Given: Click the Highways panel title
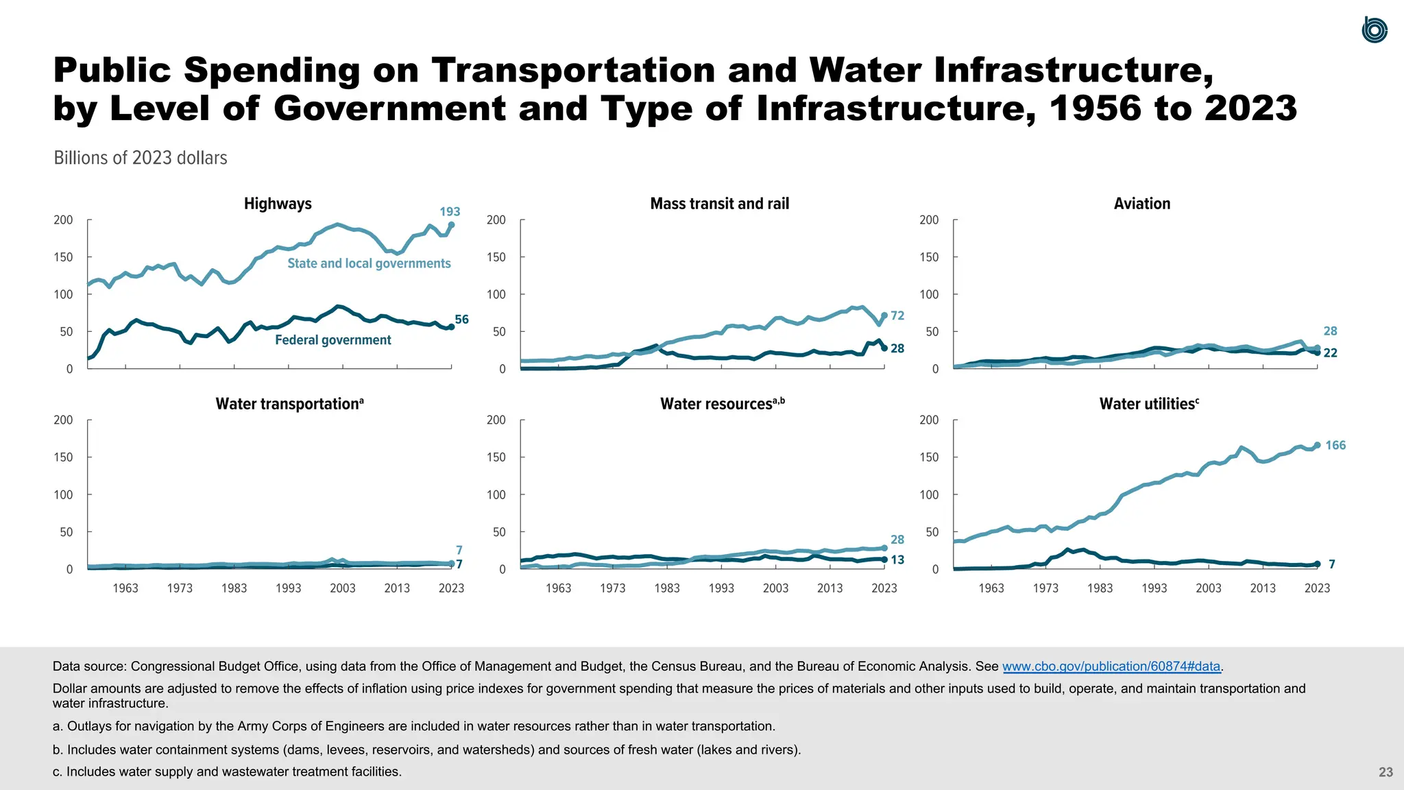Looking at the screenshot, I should pyautogui.click(x=278, y=204).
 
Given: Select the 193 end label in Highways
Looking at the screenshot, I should pyautogui.click(x=450, y=212).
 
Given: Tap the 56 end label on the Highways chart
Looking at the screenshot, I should pyautogui.click(x=462, y=320).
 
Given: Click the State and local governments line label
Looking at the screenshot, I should pyautogui.click(x=369, y=263).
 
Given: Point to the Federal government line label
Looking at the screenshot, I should pyautogui.click(x=333, y=340).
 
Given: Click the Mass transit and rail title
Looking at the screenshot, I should pyautogui.click(x=719, y=204).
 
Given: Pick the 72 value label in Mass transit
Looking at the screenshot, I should pyautogui.click(x=897, y=315).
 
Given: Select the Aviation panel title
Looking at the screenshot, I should pyautogui.click(x=1141, y=204).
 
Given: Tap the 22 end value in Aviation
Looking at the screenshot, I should pyautogui.click(x=1330, y=353).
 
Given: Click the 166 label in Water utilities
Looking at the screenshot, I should pyautogui.click(x=1335, y=446).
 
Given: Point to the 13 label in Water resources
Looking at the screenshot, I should pyautogui.click(x=897, y=560).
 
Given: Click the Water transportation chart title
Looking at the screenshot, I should pyautogui.click(x=289, y=404).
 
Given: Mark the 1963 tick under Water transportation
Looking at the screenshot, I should pyautogui.click(x=125, y=588).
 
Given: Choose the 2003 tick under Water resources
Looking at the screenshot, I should pyautogui.click(x=775, y=588).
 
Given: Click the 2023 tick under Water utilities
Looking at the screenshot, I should pyautogui.click(x=1317, y=588).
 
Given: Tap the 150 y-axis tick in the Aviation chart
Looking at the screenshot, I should pyautogui.click(x=929, y=257).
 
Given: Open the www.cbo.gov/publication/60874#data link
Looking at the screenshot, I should pyautogui.click(x=1111, y=667).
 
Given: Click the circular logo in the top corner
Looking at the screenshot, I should pyautogui.click(x=1375, y=30).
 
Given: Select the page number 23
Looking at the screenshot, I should pyautogui.click(x=1385, y=772).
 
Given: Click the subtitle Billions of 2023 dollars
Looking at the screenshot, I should pyautogui.click(x=141, y=158).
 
